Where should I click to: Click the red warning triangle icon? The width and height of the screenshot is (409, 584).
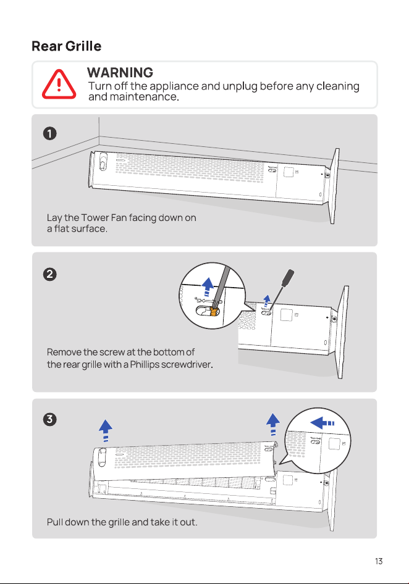[x=59, y=85]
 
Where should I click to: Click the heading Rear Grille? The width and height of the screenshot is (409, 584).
[x=66, y=46]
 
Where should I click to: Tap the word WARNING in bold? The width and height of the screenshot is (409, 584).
[x=120, y=72]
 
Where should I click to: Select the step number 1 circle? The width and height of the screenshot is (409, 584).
[x=50, y=133]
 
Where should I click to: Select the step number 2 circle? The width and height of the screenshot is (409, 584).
[x=50, y=275]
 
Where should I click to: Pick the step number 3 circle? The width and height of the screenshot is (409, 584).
[x=50, y=419]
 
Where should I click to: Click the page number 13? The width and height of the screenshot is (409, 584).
[x=379, y=561]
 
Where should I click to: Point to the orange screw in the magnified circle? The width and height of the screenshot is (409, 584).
[x=214, y=311]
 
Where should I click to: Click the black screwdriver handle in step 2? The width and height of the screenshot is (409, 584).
[x=288, y=278]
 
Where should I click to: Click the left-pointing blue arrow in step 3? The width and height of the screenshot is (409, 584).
[x=322, y=423]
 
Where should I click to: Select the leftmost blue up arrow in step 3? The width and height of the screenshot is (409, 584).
[x=106, y=430]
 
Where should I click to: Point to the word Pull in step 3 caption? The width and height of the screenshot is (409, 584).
[x=55, y=522]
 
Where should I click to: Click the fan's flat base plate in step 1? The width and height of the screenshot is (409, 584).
[x=334, y=186]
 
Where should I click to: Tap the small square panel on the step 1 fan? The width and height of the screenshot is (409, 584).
[x=289, y=172]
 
